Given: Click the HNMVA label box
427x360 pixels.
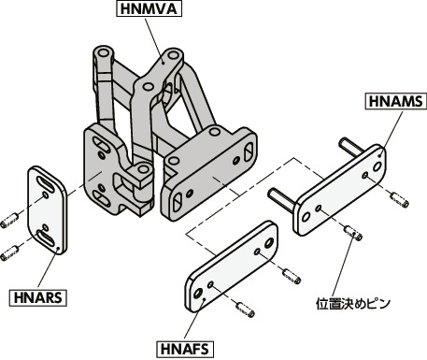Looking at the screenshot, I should click(150, 10).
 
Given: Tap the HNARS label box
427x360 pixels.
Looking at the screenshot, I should click(39, 299).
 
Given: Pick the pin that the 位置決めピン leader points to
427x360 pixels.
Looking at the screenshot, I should click(353, 234).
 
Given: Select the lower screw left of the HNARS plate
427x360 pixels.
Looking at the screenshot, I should click(12, 249).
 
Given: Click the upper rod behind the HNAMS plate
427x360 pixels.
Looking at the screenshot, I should click(350, 146).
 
